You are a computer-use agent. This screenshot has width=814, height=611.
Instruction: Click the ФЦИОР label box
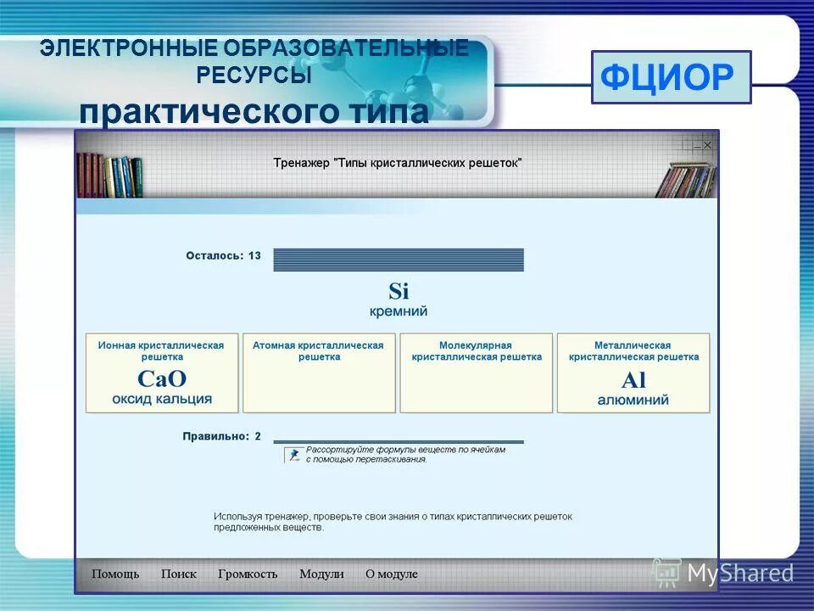click(671, 77)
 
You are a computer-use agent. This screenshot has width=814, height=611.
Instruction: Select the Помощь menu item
click(115, 574)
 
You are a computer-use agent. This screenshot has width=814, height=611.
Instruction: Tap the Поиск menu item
click(179, 574)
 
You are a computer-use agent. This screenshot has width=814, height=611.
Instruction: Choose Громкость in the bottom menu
click(248, 574)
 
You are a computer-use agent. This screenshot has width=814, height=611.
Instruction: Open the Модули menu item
click(321, 574)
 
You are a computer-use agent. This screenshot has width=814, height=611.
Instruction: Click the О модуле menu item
click(392, 574)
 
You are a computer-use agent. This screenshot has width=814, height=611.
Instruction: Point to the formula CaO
click(161, 379)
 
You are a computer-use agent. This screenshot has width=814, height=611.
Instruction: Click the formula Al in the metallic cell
click(633, 379)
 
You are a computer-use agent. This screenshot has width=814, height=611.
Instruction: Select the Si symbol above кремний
click(399, 292)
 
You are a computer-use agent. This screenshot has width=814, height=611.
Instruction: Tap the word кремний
click(399, 311)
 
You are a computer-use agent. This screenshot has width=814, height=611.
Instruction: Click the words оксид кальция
click(161, 399)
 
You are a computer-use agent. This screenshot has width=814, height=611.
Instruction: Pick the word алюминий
click(633, 400)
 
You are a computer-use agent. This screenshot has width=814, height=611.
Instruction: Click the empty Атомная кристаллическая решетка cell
click(319, 386)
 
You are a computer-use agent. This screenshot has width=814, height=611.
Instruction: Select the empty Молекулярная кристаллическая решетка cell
click(476, 386)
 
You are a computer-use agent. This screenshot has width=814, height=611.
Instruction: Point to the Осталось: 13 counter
click(224, 255)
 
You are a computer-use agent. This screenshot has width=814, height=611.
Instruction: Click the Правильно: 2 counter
click(222, 436)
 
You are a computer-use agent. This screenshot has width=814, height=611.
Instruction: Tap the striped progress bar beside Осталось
click(399, 260)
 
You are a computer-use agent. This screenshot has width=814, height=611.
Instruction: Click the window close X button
click(708, 145)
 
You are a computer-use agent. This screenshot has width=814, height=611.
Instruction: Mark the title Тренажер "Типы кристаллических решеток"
click(398, 162)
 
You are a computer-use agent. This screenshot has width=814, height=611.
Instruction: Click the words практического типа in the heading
click(254, 112)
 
